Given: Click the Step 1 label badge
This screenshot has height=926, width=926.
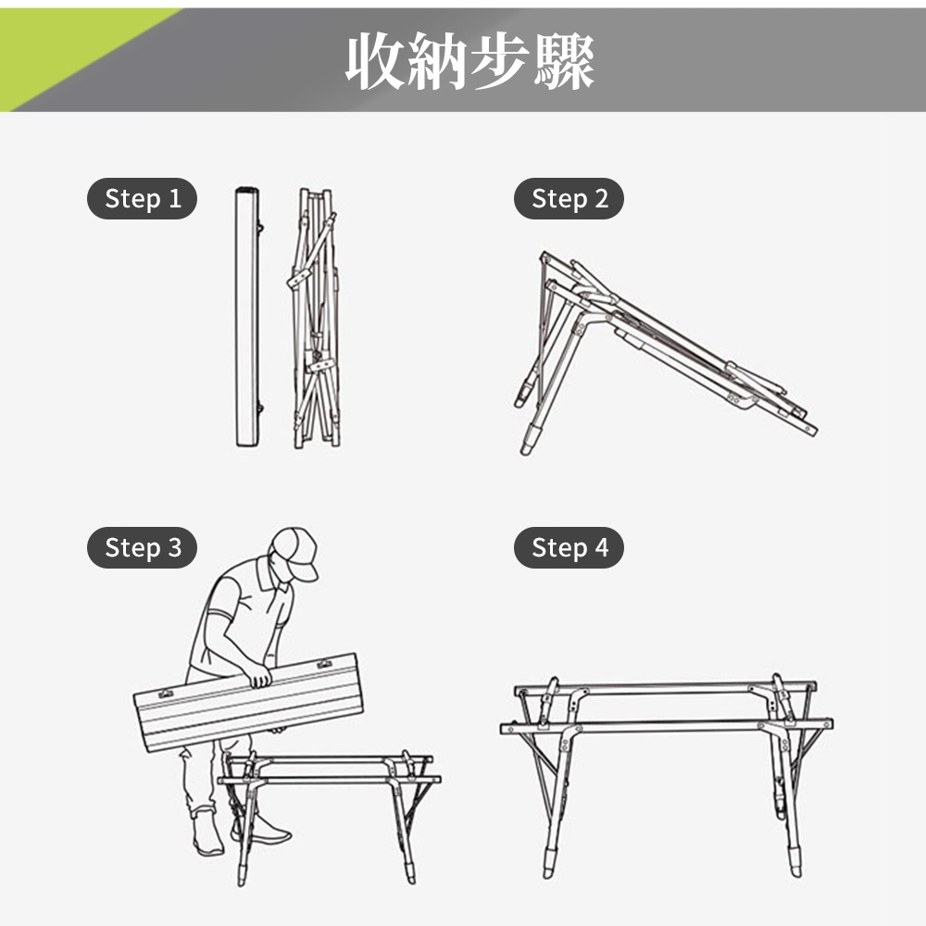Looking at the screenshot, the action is click(142, 198).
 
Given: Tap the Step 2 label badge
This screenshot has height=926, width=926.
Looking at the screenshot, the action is click(569, 198).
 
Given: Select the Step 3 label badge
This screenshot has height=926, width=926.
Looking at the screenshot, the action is click(142, 547).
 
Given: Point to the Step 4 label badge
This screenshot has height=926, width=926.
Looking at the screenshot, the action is click(569, 547).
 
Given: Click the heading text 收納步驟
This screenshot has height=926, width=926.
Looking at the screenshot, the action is click(469, 61).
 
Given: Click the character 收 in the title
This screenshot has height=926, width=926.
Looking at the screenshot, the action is click(376, 61).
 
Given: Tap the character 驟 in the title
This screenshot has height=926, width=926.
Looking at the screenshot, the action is click(564, 61).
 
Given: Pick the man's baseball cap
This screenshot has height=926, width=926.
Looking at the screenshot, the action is click(295, 552).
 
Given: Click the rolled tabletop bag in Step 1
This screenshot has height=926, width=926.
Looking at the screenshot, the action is click(247, 317).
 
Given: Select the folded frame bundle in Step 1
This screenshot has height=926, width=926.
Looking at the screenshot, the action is click(316, 319).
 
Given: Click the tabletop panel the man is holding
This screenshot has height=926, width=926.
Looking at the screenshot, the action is click(248, 703).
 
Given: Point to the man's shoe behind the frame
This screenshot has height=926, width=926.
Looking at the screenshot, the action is click(262, 832).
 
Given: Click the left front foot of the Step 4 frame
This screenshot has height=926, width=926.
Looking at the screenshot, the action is click(550, 863).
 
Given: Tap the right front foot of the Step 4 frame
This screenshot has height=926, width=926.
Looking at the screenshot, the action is click(795, 862).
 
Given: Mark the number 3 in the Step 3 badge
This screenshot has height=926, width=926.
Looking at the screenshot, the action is click(175, 548).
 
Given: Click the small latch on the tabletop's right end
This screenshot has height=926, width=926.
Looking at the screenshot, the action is click(324, 664).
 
